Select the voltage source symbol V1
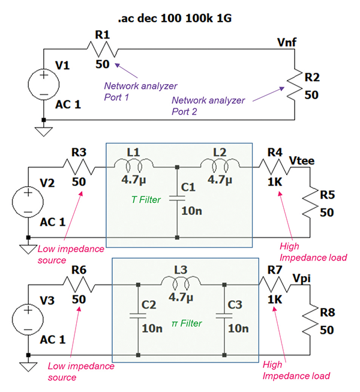coord(43,85)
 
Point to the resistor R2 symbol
coord(293,84)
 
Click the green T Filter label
coord(146,200)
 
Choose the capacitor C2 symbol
coord(138,316)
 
